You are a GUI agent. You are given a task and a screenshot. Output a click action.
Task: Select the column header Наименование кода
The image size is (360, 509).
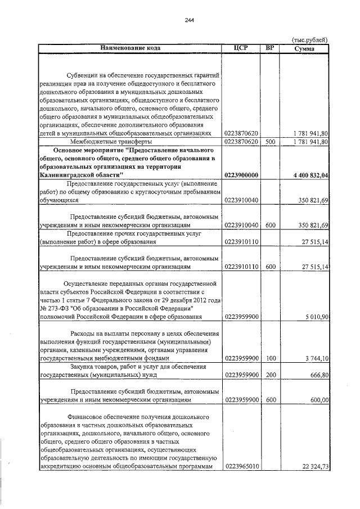tap(130, 48)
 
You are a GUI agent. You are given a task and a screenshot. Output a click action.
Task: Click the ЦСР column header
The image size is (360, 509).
tap(241, 48)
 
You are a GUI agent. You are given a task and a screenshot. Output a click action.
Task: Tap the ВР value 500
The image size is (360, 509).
tap(270, 142)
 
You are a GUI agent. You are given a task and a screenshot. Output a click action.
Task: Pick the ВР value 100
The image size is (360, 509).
tap(270, 357)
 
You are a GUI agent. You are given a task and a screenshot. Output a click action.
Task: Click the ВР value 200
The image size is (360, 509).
tap(270, 374)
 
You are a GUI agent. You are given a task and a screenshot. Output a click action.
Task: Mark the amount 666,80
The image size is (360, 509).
tap(318, 374)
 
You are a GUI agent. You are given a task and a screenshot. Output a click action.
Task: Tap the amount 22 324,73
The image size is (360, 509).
tap(313, 466)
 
